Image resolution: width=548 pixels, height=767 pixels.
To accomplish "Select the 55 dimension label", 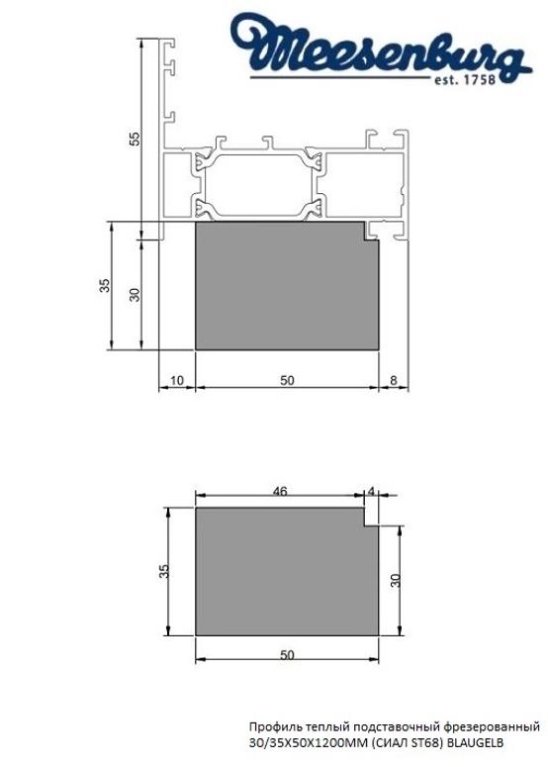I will (136, 139).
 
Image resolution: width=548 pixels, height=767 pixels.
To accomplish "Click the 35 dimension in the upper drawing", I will (104, 286).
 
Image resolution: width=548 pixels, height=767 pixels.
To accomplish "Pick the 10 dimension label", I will (176, 380).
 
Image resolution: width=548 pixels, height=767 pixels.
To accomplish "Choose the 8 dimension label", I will (394, 380).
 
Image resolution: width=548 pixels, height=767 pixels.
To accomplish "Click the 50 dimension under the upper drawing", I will (287, 380).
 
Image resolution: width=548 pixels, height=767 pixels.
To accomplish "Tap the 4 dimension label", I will (371, 490).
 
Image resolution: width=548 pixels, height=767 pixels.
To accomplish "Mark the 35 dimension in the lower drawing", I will (164, 571).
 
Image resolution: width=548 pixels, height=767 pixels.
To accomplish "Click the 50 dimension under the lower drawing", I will (287, 655).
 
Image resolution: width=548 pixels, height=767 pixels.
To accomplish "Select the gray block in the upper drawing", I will (287, 287).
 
